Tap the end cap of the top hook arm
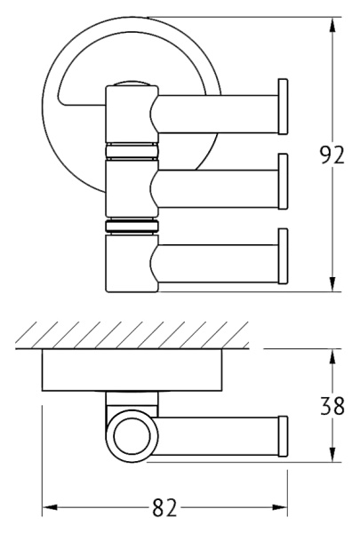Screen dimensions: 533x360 282,106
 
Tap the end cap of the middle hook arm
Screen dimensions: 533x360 282,181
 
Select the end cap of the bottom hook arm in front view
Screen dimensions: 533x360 282,257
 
